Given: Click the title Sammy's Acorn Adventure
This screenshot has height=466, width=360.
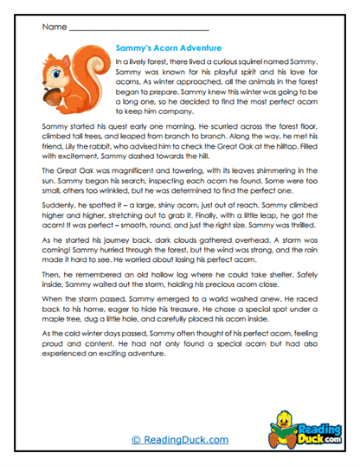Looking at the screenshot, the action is coord(168,48).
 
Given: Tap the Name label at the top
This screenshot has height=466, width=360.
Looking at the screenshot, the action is coord(51,27).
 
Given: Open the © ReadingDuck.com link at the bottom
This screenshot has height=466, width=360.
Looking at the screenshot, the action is coord(179,439).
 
